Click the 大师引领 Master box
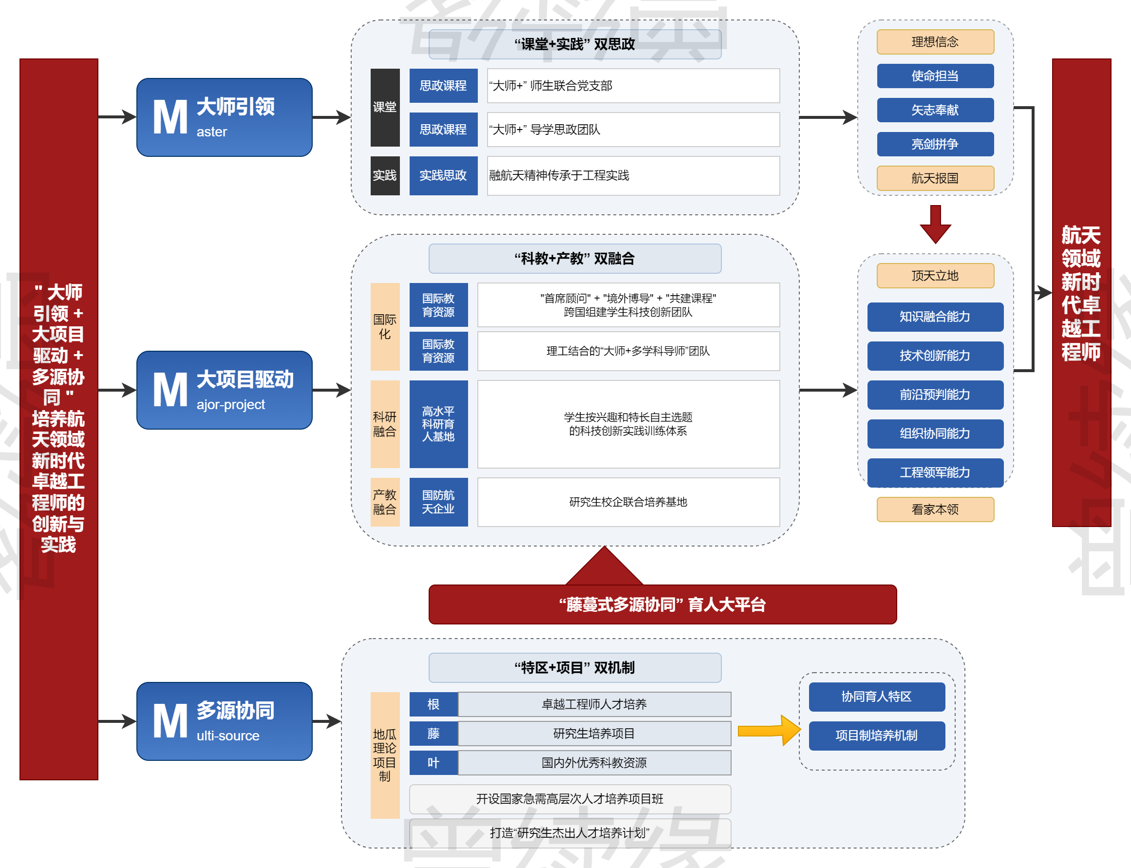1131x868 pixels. (224, 117)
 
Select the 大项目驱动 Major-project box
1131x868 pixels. (224, 390)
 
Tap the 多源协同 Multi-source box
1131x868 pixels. (224, 721)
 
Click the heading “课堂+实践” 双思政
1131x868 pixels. (575, 44)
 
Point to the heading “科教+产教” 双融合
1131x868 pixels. (575, 258)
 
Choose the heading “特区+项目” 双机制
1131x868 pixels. (575, 667)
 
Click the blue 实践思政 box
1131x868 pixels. (443, 176)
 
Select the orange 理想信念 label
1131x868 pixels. (935, 42)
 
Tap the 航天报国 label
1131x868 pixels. (935, 178)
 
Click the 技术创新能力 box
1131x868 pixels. (935, 356)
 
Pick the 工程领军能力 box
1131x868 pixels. (935, 472)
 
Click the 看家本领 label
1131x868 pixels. (935, 509)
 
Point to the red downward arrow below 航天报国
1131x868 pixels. (935, 224)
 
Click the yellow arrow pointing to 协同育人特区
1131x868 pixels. (769, 730)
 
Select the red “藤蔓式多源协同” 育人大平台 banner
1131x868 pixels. (662, 604)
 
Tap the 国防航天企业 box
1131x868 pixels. (438, 502)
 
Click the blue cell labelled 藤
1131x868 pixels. (434, 733)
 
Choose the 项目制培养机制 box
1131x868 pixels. (876, 735)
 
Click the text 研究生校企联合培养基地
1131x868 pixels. (628, 502)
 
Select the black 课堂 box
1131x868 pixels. (385, 108)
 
